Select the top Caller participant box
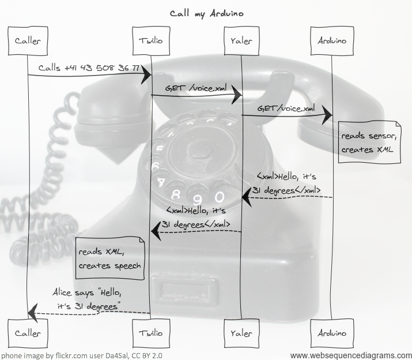pyautogui.click(x=28, y=40)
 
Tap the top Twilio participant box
pyautogui.click(x=151, y=40)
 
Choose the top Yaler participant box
pyautogui.click(x=241, y=40)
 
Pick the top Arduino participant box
pyautogui.click(x=332, y=40)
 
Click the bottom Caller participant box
pyautogui.click(x=28, y=333)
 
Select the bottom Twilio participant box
pyautogui.click(x=151, y=333)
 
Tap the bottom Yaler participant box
pyautogui.click(x=241, y=333)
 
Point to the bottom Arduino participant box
pyautogui.click(x=332, y=333)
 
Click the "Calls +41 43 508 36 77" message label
pyautogui.click(x=89, y=67)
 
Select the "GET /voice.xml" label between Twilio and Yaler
pyautogui.click(x=196, y=88)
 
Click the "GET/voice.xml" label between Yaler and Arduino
pyautogui.click(x=286, y=108)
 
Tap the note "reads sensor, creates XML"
pyautogui.click(x=369, y=142)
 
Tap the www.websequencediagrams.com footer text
pyautogui.click(x=351, y=355)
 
